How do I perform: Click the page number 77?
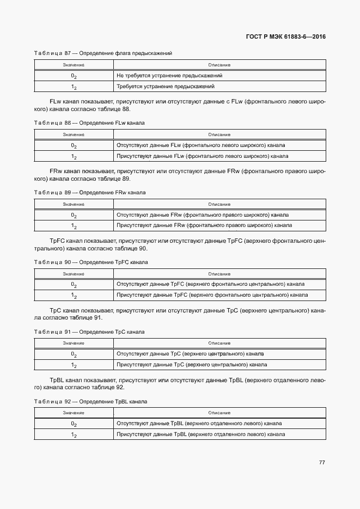(x=322, y=462)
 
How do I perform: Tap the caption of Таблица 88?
(x=89, y=123)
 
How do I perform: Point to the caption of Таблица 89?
(x=90, y=193)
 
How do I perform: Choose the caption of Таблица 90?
(x=91, y=262)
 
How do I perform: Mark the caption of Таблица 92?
(x=91, y=401)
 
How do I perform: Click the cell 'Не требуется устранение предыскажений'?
(x=169, y=76)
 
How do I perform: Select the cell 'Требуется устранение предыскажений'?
(x=166, y=87)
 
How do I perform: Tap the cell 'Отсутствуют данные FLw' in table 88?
(x=200, y=145)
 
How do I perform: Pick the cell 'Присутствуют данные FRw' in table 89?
(x=204, y=225)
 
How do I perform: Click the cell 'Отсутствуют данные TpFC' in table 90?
(x=210, y=284)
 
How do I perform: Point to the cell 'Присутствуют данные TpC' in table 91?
(x=192, y=365)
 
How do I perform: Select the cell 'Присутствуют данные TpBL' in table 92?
(x=200, y=434)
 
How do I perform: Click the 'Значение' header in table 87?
(x=74, y=65)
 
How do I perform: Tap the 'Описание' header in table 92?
(x=219, y=413)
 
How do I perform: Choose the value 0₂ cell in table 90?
(x=74, y=285)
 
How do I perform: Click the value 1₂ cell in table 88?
(x=74, y=157)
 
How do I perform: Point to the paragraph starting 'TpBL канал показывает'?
(x=180, y=383)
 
